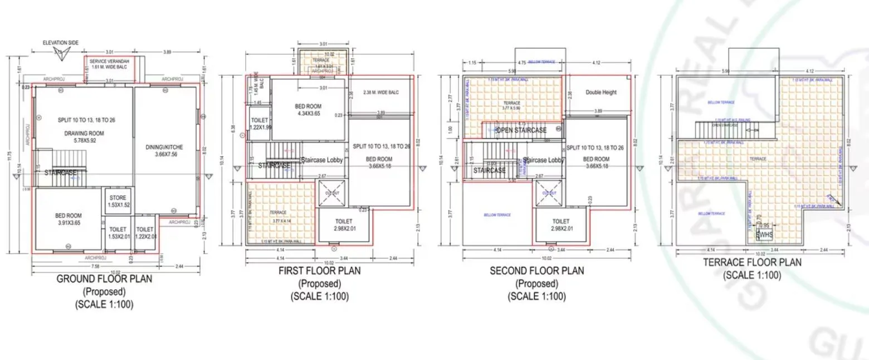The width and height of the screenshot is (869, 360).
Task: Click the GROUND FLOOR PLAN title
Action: click(x=104, y=279)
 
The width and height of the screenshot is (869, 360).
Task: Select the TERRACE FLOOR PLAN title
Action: click(x=751, y=262)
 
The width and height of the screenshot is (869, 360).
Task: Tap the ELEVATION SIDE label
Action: click(x=61, y=42)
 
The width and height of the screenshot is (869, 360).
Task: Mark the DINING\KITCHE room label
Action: click(x=164, y=150)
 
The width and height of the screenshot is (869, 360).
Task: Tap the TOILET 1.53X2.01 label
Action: click(x=118, y=233)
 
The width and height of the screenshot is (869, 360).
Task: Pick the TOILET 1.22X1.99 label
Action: click(x=260, y=124)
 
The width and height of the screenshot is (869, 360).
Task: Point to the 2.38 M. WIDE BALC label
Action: click(x=380, y=93)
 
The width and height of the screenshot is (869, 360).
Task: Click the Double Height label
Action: click(x=601, y=92)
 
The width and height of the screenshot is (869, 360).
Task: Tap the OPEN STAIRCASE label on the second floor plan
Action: click(x=521, y=130)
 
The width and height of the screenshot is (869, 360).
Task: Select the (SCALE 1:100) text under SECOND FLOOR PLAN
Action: click(x=536, y=296)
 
